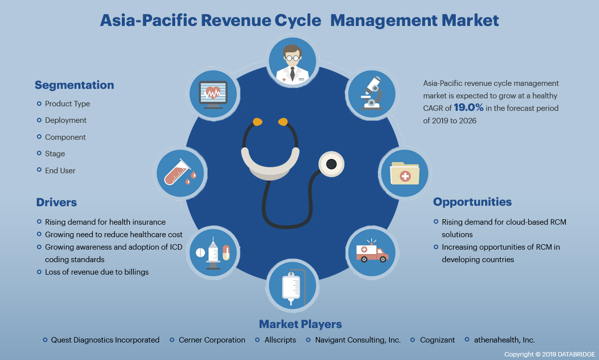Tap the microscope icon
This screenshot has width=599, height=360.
click(371, 93)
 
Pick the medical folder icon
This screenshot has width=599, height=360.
click(404, 173)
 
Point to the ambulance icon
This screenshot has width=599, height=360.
click(371, 252)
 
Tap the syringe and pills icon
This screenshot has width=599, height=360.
click(213, 252)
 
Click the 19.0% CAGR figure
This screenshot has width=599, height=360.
click(468, 107)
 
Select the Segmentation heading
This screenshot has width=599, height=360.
click(74, 85)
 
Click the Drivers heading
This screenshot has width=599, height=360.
click(56, 202)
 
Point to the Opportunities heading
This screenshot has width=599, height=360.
click(472, 202)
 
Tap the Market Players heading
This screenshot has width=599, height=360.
click(300, 324)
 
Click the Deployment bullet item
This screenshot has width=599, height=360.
click(65, 120)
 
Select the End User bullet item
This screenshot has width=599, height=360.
click(60, 170)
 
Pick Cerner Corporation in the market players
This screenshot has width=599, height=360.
click(212, 340)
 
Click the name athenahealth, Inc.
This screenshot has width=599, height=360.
click(504, 340)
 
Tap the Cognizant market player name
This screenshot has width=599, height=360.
click(437, 340)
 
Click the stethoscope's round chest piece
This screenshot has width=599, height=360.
click(331, 163)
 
